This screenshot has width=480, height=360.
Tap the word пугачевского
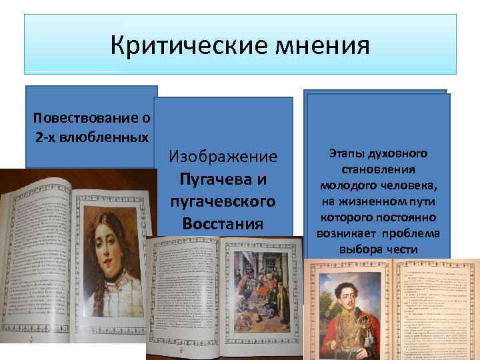pos(223,201)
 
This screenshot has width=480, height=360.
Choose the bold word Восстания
pos(223,222)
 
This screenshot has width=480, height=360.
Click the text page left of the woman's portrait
pos(40,267)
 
